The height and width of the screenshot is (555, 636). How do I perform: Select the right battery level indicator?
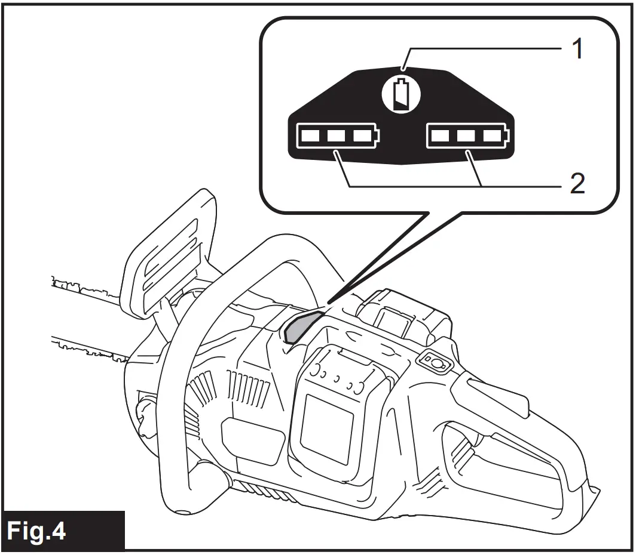(x=466, y=137)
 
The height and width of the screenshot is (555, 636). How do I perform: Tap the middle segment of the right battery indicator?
(x=466, y=137)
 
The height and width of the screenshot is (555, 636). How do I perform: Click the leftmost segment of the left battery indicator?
(x=310, y=137)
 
